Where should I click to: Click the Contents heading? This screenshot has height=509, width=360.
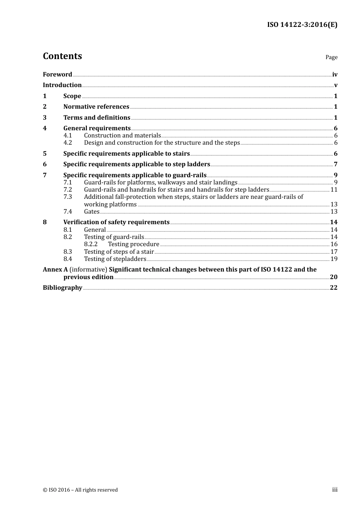(x=62, y=56)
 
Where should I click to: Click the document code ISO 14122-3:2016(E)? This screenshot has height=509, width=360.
(x=302, y=25)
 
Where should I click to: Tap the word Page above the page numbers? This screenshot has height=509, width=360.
(x=331, y=57)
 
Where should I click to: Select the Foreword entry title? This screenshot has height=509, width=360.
(x=57, y=75)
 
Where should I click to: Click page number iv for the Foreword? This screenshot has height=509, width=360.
(x=335, y=75)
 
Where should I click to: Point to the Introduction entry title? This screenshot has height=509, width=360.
(x=62, y=85)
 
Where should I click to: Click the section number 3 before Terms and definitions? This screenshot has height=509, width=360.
(x=45, y=118)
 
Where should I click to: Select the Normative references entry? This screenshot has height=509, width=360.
(x=96, y=107)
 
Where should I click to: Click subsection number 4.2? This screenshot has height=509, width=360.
(x=68, y=143)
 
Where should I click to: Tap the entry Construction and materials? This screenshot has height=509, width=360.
(x=122, y=136)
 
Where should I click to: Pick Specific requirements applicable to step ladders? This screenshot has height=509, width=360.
(x=136, y=164)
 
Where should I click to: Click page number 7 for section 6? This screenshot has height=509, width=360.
(x=335, y=164)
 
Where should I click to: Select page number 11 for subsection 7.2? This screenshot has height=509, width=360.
(x=334, y=190)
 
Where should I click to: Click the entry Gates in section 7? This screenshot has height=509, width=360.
(x=92, y=212)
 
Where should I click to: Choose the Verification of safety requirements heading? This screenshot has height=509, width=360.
(x=116, y=222)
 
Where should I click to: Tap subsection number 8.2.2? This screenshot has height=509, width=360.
(x=91, y=244)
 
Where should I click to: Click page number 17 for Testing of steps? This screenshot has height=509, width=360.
(x=334, y=252)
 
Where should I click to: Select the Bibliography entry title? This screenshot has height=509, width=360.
(x=63, y=288)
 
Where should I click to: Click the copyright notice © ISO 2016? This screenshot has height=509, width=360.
(x=80, y=490)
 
